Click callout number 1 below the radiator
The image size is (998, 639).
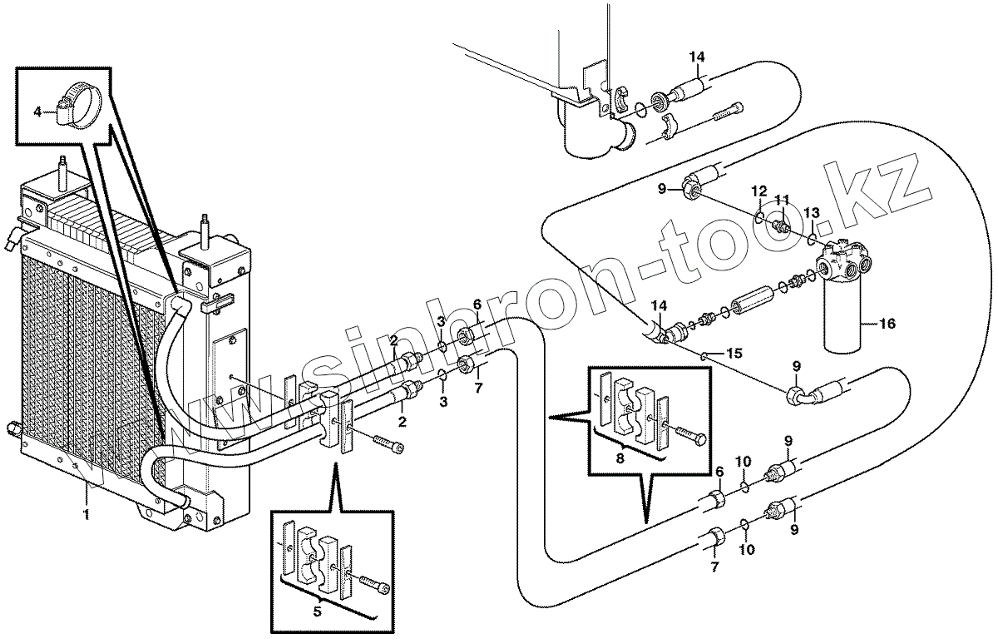click(x=86, y=515)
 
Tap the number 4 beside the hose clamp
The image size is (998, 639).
click(x=38, y=111)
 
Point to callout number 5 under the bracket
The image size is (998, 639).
click(x=317, y=612)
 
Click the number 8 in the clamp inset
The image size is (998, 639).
click(x=620, y=458)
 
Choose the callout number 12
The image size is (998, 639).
click(x=760, y=191)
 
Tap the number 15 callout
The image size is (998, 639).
click(x=734, y=354)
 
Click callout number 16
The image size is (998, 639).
click(x=887, y=324)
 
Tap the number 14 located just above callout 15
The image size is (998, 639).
click(x=660, y=305)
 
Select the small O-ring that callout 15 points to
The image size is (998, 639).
click(x=704, y=355)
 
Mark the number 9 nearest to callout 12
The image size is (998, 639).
click(x=662, y=190)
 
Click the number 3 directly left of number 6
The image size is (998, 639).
click(x=440, y=321)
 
